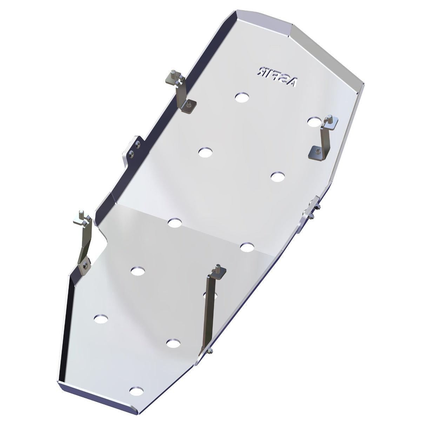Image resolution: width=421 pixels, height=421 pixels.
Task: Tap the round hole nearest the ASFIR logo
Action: [x=241, y=97]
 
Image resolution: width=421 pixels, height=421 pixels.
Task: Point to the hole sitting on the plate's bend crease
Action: [x=175, y=223]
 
